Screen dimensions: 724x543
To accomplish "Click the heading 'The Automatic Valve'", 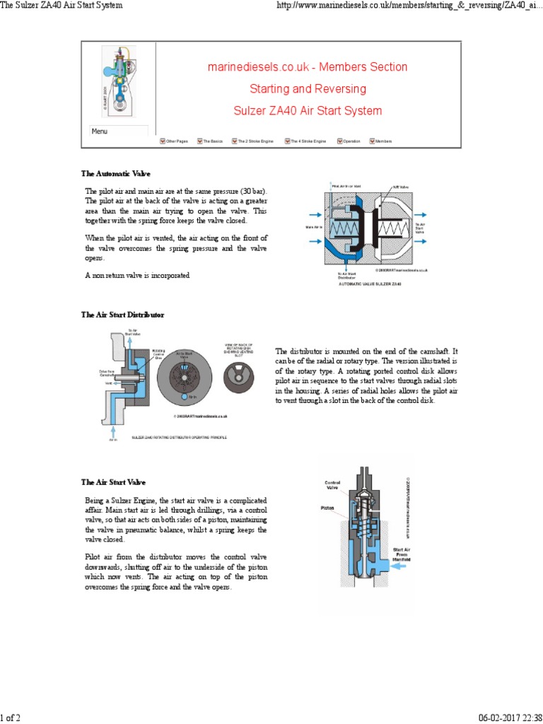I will pyautogui.click(x=115, y=174).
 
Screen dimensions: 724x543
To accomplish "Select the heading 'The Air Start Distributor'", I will pyautogui.click(x=122, y=315).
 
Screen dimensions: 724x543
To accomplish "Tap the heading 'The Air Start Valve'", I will pyautogui.click(x=113, y=482).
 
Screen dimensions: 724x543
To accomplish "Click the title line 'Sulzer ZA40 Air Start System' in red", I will pyautogui.click(x=308, y=111).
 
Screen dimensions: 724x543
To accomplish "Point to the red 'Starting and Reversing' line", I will pyautogui.click(x=308, y=89).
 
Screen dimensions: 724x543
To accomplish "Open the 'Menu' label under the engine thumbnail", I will pyautogui.click(x=100, y=132).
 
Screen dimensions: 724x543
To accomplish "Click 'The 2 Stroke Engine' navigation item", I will pyautogui.click(x=252, y=141).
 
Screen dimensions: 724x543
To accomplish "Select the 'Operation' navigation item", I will pyautogui.click(x=349, y=141).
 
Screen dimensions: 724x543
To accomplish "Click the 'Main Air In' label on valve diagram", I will pyautogui.click(x=313, y=227).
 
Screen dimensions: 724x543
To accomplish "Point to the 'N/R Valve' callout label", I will pyautogui.click(x=401, y=187).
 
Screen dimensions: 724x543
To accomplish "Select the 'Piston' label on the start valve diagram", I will pyautogui.click(x=327, y=508).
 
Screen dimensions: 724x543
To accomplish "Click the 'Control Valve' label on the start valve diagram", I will pyautogui.click(x=332, y=485).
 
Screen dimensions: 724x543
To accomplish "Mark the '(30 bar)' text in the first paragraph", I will pyautogui.click(x=255, y=192).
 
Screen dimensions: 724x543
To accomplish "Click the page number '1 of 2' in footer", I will pyautogui.click(x=11, y=718).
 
